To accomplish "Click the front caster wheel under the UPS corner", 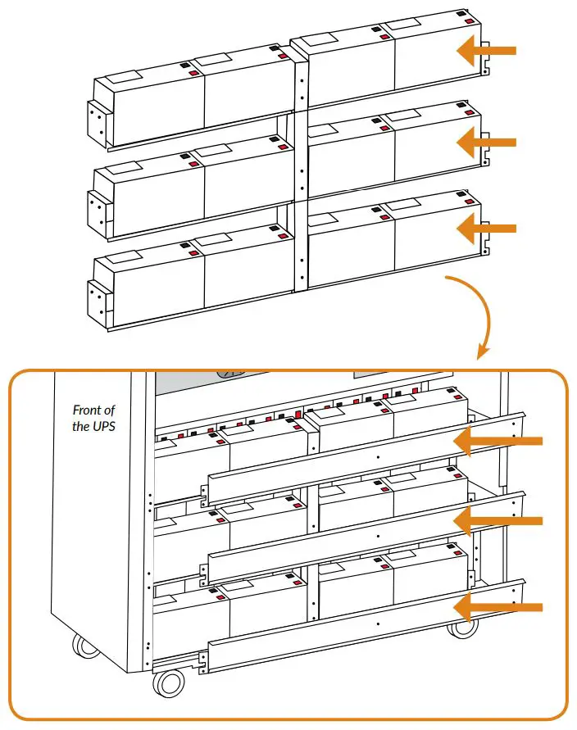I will tap(169, 682).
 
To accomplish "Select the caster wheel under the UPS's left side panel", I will tap(85, 645).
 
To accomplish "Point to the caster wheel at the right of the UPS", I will tap(464, 627).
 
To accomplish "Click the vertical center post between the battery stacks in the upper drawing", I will tap(301, 172).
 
